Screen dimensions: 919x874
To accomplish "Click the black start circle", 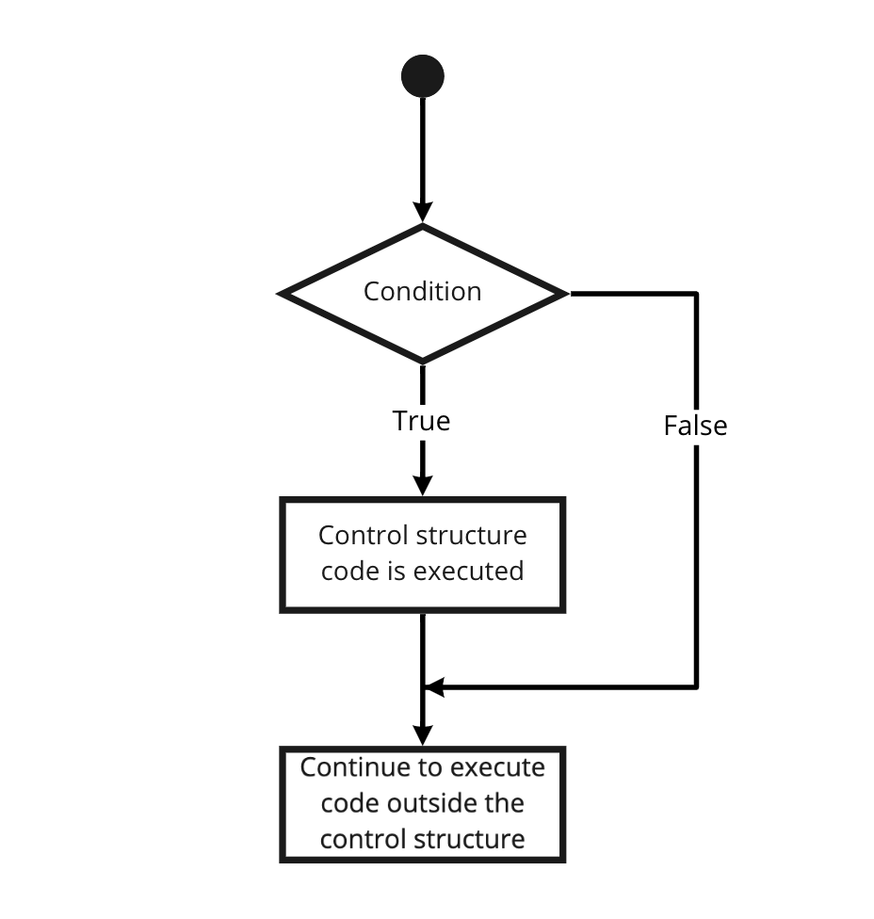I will tap(422, 76).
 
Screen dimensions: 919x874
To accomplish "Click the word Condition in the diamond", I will tap(422, 291).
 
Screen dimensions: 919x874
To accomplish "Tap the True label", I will tap(421, 420).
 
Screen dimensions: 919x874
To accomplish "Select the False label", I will tap(695, 426).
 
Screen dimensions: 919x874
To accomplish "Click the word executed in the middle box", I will tap(477, 571).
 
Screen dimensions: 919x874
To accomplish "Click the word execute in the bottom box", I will tap(498, 766).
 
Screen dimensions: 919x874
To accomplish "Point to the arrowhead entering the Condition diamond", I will tap(422, 213).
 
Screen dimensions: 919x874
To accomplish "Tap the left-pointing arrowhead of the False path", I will tap(433, 687).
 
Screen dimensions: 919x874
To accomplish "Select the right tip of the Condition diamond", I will tap(565, 294).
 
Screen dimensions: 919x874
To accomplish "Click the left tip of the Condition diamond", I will tap(281, 294).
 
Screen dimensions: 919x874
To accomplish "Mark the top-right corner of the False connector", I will tap(696, 294).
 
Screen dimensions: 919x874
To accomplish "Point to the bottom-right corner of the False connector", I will tap(696, 686).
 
